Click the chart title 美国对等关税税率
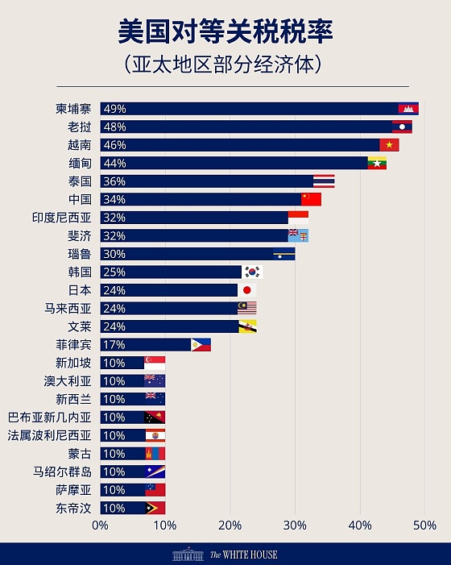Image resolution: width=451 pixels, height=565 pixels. pos(225,32)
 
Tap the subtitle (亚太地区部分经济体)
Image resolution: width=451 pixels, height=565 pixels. pos(225,63)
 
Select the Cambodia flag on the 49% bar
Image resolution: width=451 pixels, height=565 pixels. pos(408,109)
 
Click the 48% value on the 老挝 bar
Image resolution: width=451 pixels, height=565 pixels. pos(114,127)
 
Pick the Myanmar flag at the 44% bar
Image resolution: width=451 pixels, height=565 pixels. pos(377,163)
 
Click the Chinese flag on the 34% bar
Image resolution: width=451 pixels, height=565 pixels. pos(311,199)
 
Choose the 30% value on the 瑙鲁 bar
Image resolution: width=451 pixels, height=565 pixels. pos(114,254)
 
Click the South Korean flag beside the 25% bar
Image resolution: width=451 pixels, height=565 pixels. pos(253,272)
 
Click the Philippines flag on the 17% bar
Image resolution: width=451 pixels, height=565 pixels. pos(201,345)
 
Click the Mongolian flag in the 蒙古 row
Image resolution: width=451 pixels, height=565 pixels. pos(155,454)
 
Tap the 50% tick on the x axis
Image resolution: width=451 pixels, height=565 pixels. pos(424,526)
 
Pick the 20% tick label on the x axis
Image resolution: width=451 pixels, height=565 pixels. pos(230,526)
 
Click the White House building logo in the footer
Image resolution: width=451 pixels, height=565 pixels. pos(188,554)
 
